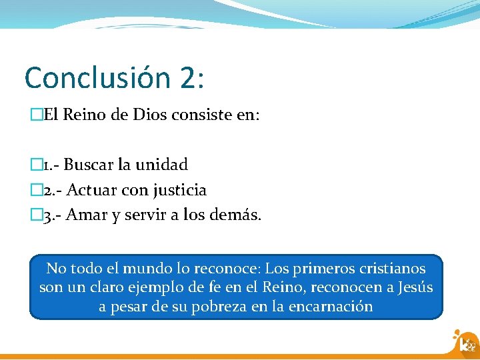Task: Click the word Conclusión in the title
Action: (x=97, y=78)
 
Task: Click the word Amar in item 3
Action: (x=85, y=215)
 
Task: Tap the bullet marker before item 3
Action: (x=35, y=215)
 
